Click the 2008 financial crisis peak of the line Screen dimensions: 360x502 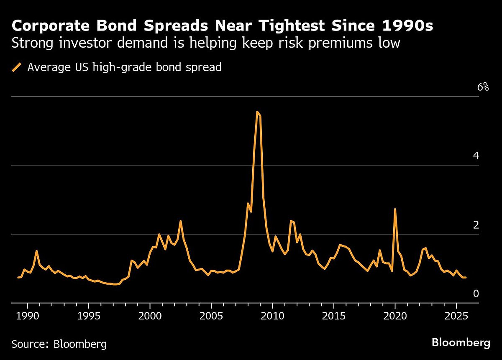pos(257,112)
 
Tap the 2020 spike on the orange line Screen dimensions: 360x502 pos(395,209)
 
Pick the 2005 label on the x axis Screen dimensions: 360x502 pos(211,314)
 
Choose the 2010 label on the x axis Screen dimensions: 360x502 pos(272,314)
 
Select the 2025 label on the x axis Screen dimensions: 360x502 pos(456,314)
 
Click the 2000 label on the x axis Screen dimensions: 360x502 pos(150,314)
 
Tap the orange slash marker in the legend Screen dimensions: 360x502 pos(17,67)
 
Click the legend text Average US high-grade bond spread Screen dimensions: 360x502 pos(124,67)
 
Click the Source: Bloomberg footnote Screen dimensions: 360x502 pos(59,345)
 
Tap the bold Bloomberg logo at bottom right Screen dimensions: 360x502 pos(461,343)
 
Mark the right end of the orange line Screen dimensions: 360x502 pos(466,278)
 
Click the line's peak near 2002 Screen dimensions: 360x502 pos(180,221)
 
